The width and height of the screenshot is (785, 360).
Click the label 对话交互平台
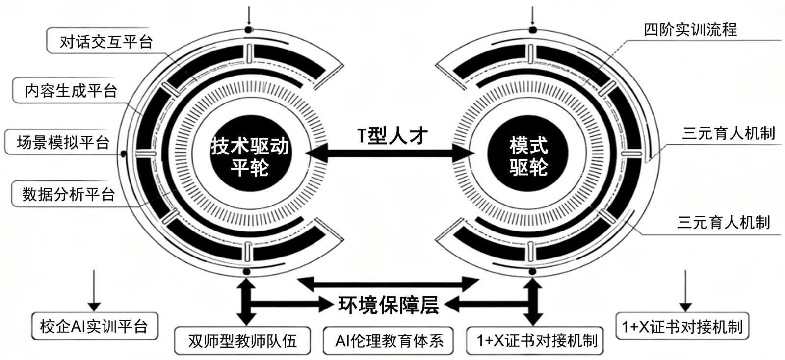click(x=106, y=42)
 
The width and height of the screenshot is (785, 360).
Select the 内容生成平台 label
click(x=71, y=91)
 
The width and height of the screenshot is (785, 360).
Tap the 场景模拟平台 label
click(x=63, y=143)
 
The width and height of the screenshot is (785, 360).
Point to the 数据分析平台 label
click(x=69, y=194)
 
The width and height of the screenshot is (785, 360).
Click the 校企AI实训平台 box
click(x=94, y=326)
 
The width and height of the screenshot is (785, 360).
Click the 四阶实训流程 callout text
click(x=690, y=30)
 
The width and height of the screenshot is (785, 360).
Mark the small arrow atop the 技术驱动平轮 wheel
click(x=249, y=15)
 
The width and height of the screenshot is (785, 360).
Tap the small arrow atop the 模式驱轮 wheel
click(x=533, y=15)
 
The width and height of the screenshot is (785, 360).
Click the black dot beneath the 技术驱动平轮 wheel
click(x=247, y=271)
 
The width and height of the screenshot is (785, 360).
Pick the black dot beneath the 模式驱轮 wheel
click(x=533, y=271)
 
